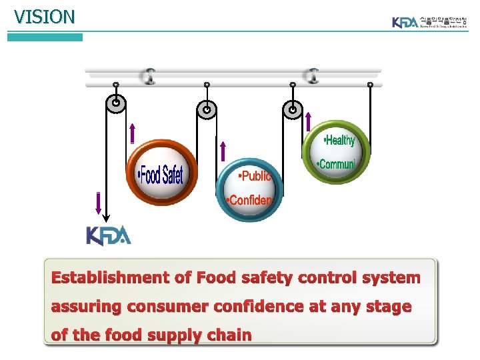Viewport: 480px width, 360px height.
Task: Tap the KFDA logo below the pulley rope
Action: point(109,236)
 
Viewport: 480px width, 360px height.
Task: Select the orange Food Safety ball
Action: point(162,172)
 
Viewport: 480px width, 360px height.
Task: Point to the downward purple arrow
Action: point(99,203)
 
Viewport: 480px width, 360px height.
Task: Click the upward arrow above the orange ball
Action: point(133,133)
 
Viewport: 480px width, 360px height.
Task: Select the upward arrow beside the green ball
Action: point(308,121)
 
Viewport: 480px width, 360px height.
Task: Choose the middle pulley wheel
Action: point(207,109)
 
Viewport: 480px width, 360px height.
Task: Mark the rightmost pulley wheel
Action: point(292,109)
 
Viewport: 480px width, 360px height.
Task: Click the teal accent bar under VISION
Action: point(45,37)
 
